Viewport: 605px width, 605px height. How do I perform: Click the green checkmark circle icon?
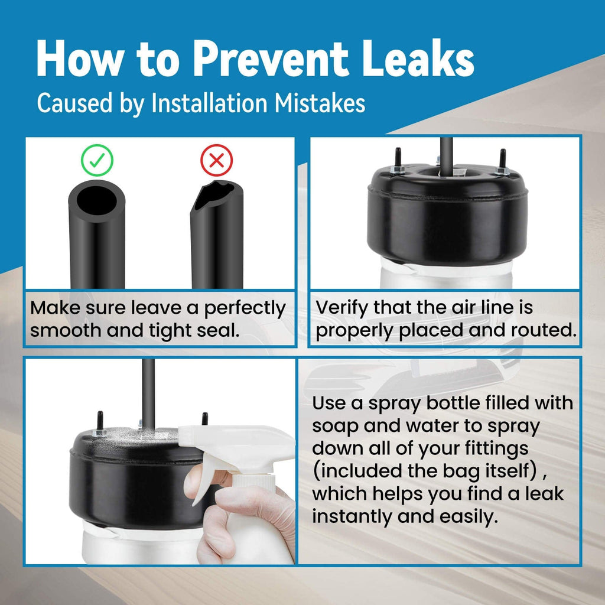click(97, 160)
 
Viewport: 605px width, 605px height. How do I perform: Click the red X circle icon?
click(216, 160)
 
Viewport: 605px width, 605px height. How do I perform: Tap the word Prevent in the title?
click(271, 59)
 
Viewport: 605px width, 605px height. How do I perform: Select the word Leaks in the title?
click(418, 58)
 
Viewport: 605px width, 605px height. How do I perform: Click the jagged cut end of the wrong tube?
click(214, 195)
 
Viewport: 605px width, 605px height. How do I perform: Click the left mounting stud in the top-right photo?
click(398, 160)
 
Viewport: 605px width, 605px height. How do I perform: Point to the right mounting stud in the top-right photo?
click(502, 162)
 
